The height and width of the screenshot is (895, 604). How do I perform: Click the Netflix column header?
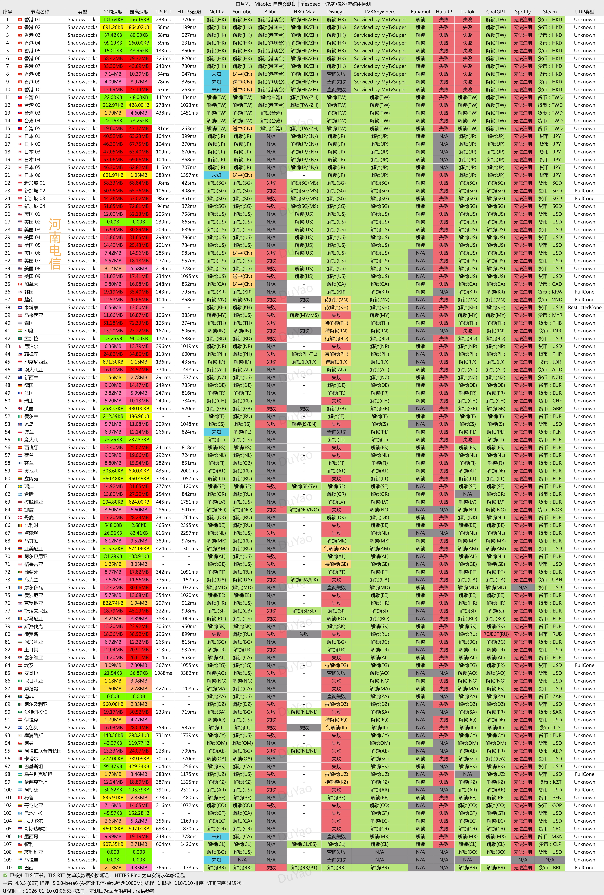click(217, 12)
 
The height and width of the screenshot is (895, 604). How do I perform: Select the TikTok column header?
click(467, 12)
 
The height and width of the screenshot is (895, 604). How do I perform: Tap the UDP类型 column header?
click(584, 12)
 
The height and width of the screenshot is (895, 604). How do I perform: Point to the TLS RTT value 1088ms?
click(163, 673)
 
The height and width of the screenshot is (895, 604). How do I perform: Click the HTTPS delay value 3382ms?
click(189, 673)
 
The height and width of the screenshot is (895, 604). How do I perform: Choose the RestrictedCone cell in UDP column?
click(584, 307)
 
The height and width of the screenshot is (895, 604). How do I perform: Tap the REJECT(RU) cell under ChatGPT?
click(496, 634)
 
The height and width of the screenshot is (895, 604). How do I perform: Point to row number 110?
click(7, 867)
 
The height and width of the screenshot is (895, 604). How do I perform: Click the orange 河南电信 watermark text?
click(55, 244)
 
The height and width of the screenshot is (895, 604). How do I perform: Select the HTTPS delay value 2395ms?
click(189, 525)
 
